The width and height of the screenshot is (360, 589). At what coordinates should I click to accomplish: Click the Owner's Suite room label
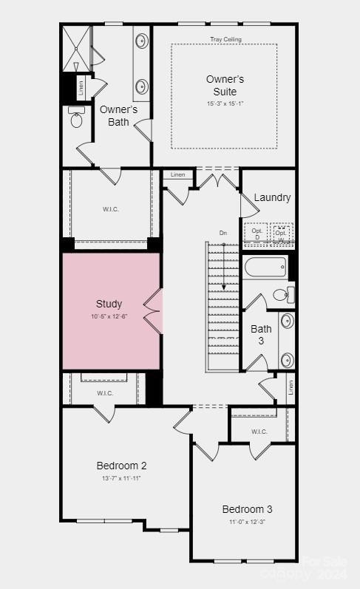[x=225, y=85]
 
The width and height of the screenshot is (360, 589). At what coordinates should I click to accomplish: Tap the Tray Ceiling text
[x=225, y=39]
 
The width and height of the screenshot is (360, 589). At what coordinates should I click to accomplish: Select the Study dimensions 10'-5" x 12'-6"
[x=109, y=317]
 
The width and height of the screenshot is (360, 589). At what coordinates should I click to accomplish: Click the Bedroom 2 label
[x=121, y=466]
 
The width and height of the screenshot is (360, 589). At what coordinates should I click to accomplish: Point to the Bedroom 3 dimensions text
[x=248, y=522]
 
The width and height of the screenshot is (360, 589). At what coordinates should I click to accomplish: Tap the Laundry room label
[x=272, y=197]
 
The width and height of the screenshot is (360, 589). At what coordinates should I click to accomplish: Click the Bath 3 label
[x=261, y=334]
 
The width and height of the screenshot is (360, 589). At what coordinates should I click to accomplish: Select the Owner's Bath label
[x=118, y=115]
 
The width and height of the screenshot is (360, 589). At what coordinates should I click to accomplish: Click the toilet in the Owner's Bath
[x=77, y=118]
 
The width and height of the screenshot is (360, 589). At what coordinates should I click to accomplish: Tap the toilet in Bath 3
[x=283, y=294]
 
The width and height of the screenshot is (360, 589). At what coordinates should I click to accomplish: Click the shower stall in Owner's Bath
[x=75, y=47]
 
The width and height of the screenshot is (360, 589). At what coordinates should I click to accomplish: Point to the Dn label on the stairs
[x=223, y=233]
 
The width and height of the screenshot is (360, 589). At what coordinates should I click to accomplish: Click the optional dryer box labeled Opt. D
[x=257, y=234]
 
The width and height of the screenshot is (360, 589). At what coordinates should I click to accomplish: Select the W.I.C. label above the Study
[x=110, y=209]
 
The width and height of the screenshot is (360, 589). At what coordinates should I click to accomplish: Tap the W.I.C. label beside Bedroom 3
[x=259, y=432]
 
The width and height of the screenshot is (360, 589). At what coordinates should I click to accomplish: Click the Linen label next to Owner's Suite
[x=177, y=174]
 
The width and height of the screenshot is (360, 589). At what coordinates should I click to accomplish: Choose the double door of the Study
[x=153, y=310]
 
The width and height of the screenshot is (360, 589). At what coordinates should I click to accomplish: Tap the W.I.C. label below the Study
[x=104, y=393]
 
